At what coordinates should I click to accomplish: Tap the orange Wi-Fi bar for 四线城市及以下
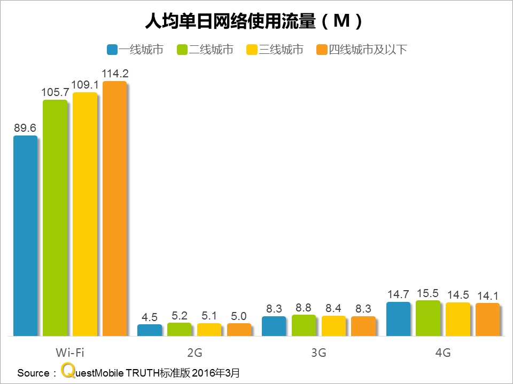[x=115, y=209]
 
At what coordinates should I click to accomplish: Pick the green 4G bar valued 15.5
[x=428, y=318]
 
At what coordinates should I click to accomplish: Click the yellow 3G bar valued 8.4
[x=333, y=326]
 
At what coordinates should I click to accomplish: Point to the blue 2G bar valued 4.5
[x=150, y=330]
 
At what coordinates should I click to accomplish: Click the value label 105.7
[x=55, y=92]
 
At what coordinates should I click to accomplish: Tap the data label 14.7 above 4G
[x=398, y=294]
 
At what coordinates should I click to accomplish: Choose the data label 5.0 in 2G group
[x=239, y=316]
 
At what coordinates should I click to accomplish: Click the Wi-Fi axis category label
[x=70, y=353]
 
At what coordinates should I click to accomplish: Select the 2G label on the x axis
[x=195, y=353]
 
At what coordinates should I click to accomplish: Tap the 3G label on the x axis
[x=318, y=353]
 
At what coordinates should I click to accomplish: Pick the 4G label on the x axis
[x=443, y=353]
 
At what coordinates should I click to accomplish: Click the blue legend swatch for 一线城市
[x=112, y=50]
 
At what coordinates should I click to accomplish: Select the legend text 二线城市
[x=211, y=50]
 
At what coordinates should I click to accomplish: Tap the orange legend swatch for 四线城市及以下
[x=322, y=50]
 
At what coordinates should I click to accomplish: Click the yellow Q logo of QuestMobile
[x=67, y=371]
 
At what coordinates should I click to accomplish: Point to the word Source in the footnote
[x=33, y=372]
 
